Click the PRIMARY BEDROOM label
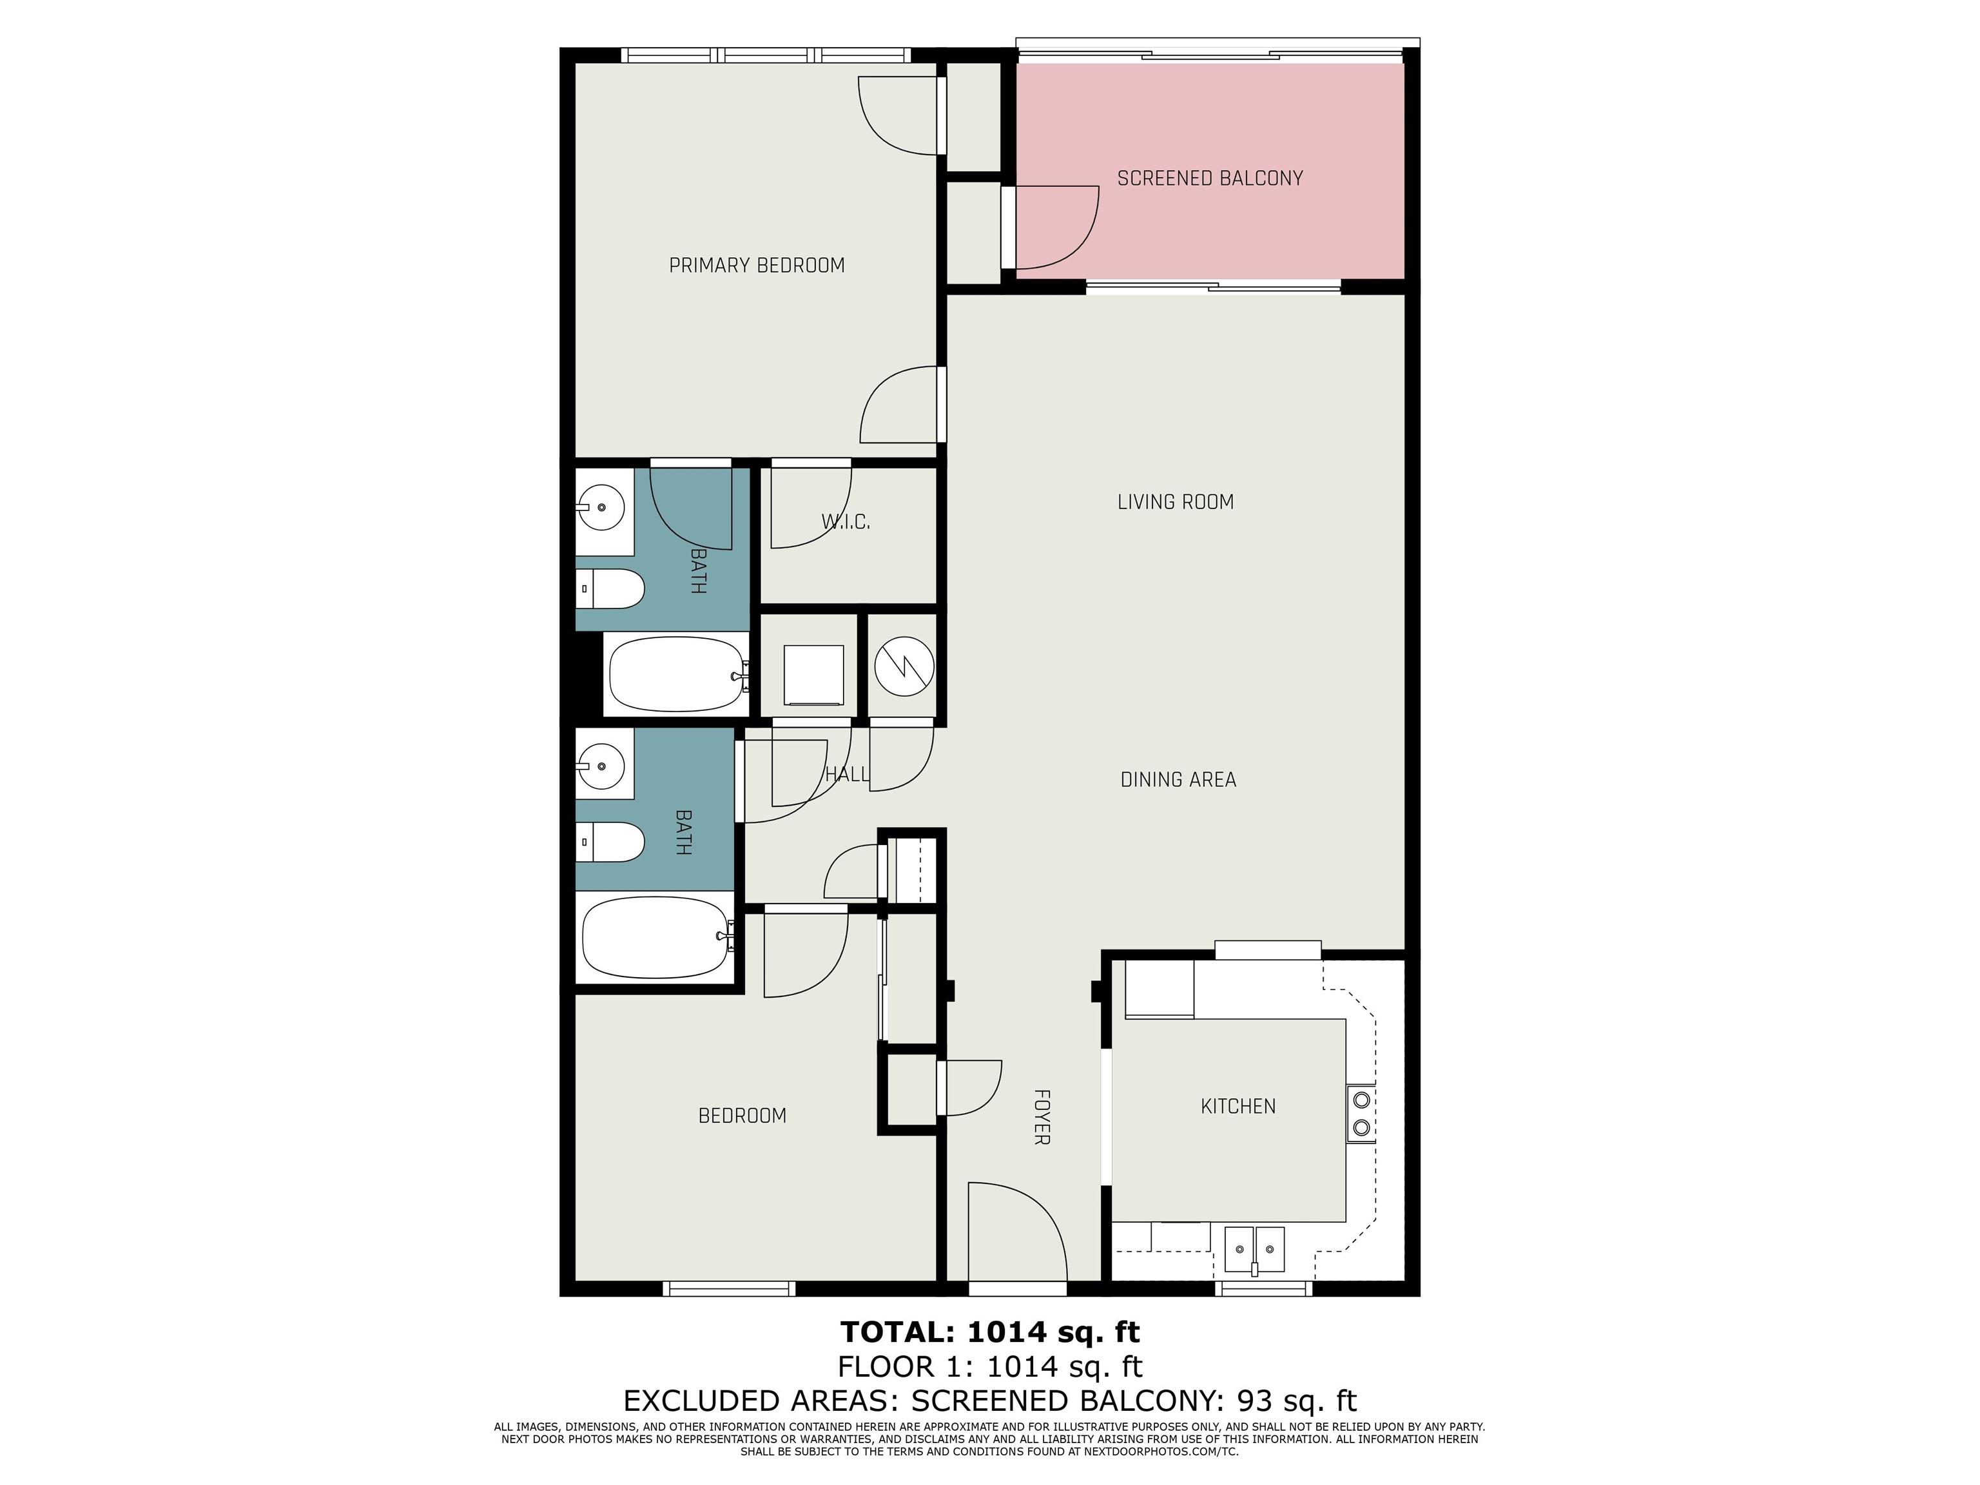click(x=757, y=265)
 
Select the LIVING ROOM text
click(x=1175, y=502)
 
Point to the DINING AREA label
click(x=1178, y=780)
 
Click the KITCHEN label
click(x=1238, y=1107)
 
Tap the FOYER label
click(x=1041, y=1117)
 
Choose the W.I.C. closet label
click(x=845, y=521)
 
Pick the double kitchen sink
click(x=1254, y=1250)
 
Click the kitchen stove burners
click(x=1361, y=1112)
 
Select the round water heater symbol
click(x=904, y=666)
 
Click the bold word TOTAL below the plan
click(x=898, y=1333)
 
